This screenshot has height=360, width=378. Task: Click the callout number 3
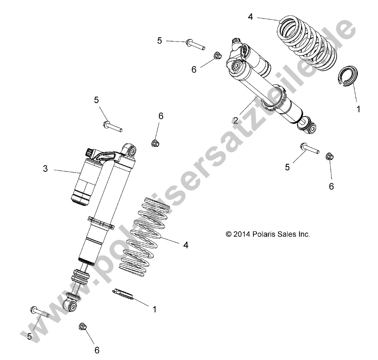pos(45,169)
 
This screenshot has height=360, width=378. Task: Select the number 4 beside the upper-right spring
pos(251,17)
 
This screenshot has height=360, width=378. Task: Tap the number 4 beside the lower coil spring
pos(186,245)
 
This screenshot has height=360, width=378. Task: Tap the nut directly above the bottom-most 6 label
pos(82,326)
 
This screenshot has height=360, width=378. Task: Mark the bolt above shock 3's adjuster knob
pos(112,126)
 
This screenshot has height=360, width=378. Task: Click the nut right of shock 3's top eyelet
pos(155,142)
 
